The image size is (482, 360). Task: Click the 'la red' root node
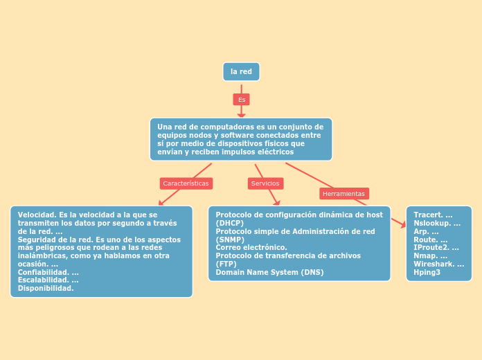[x=241, y=71]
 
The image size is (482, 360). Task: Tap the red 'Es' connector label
[x=242, y=100]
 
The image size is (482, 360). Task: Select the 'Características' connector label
[x=186, y=183]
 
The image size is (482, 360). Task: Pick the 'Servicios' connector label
[x=265, y=183]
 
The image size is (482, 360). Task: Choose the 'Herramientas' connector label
[x=343, y=193]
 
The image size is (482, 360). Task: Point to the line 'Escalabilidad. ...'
[x=48, y=280]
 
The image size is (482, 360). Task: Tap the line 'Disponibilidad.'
[x=46, y=288]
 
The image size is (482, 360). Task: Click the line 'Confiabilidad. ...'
[x=48, y=272]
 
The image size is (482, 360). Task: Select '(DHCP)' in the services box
[x=230, y=224]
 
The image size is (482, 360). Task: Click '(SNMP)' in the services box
[x=230, y=240]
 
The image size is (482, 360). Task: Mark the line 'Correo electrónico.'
[x=251, y=247]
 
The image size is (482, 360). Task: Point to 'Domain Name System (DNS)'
[x=269, y=272]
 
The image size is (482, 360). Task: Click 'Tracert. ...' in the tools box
[x=433, y=215]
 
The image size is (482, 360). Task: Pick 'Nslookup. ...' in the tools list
[x=437, y=224]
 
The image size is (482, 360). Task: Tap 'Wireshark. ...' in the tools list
[x=438, y=264]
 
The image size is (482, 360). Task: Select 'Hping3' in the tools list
[x=427, y=272]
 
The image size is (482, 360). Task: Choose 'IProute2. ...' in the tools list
[x=436, y=248]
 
